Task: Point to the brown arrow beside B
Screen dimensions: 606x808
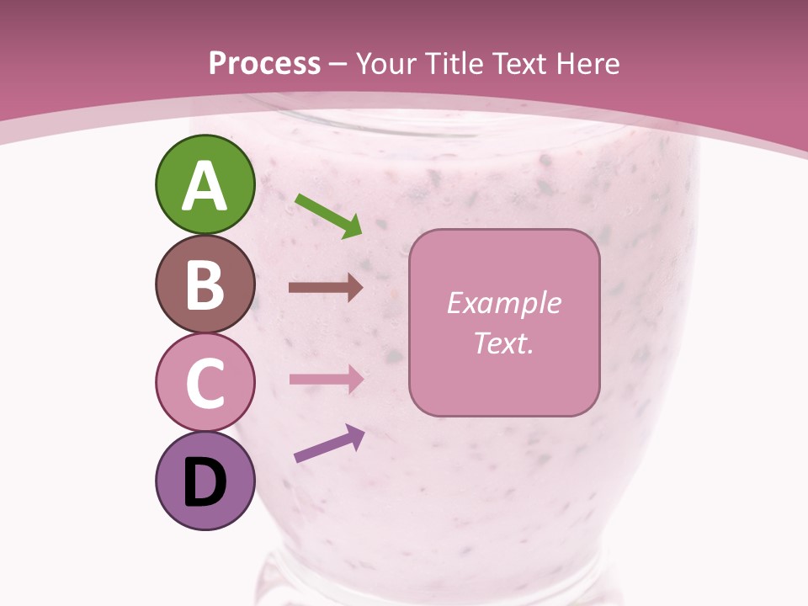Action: click(326, 288)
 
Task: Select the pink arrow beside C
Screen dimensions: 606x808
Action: click(326, 379)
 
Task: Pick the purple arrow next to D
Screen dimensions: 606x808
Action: click(329, 444)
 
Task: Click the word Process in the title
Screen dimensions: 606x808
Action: click(265, 63)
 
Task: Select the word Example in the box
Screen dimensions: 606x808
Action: click(504, 303)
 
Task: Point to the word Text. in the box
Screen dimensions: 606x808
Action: click(504, 343)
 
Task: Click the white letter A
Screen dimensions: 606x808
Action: click(205, 186)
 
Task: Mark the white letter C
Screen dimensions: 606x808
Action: click(205, 384)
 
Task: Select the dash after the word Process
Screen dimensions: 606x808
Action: click(338, 65)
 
